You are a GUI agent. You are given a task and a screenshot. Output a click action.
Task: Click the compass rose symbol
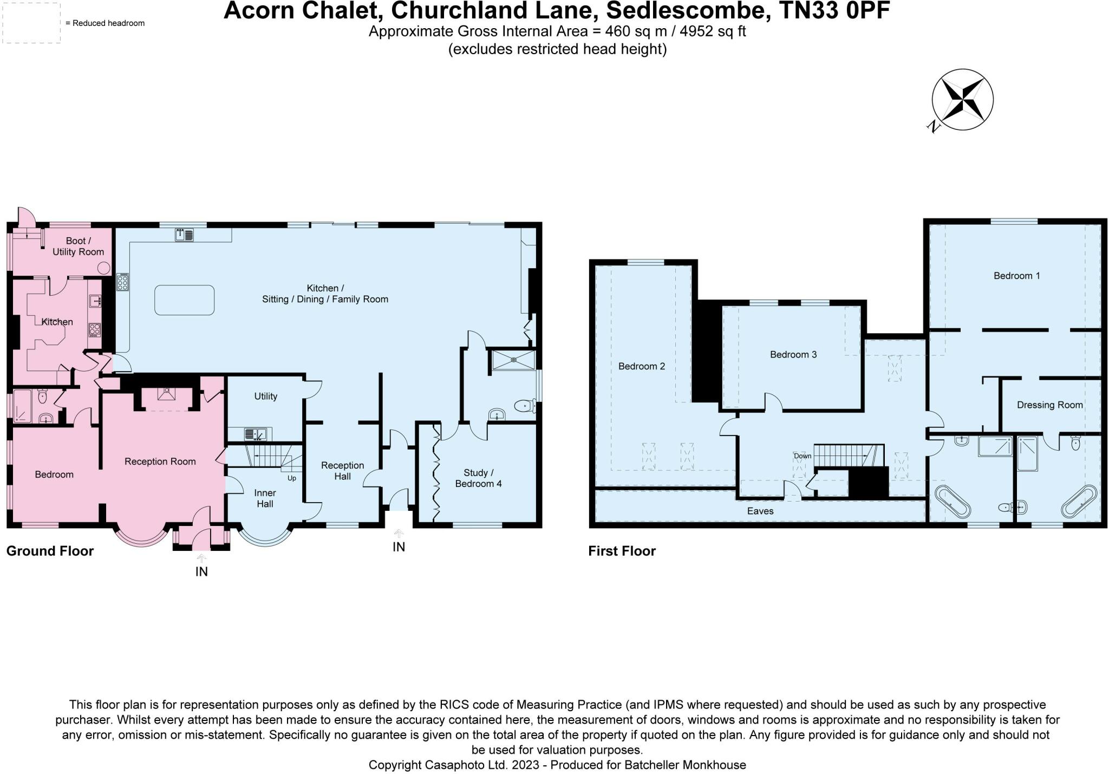click(x=962, y=100)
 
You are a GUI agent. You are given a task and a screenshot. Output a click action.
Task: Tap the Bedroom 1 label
click(x=1016, y=276)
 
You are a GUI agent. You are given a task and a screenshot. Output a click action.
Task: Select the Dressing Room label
click(x=1049, y=405)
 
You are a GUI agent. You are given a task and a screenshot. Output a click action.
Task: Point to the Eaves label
click(x=760, y=511)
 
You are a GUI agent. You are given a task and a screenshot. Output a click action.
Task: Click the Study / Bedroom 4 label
click(x=478, y=478)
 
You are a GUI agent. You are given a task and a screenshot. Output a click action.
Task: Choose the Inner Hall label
click(x=265, y=498)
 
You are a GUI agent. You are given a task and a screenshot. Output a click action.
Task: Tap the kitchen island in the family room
click(x=184, y=300)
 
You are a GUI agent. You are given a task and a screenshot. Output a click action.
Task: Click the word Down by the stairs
click(x=803, y=456)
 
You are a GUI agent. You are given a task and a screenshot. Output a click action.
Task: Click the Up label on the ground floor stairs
click(x=292, y=478)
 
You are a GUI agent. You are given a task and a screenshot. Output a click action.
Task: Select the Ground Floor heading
click(x=50, y=551)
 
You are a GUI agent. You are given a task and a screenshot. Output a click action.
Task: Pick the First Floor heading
click(x=622, y=551)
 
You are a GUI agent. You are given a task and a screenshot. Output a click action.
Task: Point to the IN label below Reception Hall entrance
click(x=399, y=547)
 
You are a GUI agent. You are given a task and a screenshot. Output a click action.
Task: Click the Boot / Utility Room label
click(x=78, y=246)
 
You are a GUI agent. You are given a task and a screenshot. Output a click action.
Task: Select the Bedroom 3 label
click(x=793, y=355)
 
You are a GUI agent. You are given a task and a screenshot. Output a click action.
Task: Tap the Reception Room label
click(x=160, y=461)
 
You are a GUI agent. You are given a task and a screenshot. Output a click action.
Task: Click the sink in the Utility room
click(x=255, y=433)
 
